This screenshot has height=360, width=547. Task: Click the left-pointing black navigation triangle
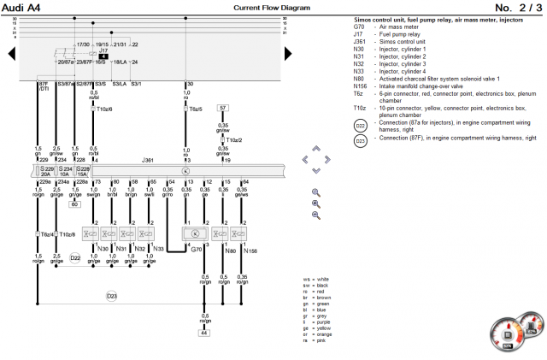point(12,54)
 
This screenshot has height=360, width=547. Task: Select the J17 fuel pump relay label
point(103,50)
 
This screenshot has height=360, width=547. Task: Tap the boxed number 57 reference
point(222,109)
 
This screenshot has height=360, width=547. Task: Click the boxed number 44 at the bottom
point(204,333)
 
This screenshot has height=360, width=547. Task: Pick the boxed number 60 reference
point(75,204)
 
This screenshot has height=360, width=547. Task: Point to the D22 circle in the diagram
point(75,257)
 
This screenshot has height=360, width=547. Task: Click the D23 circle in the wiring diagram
point(112,296)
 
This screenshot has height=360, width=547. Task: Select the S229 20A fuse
point(44,171)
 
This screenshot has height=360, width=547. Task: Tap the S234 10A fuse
point(63,171)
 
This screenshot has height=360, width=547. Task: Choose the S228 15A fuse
point(82,171)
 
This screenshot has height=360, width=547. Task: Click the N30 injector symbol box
point(89,233)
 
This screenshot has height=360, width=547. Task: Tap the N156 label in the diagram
point(250,250)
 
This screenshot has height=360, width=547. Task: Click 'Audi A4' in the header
point(21,7)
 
